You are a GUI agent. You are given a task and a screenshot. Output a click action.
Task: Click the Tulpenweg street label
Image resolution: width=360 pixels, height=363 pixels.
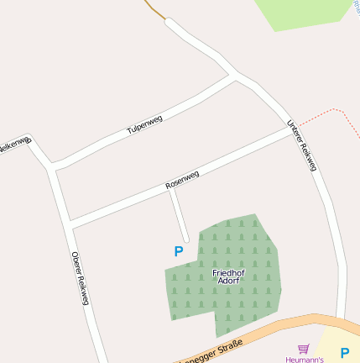pos(143,124)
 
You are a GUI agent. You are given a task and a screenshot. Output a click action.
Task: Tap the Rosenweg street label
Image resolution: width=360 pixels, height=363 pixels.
pos(182,179)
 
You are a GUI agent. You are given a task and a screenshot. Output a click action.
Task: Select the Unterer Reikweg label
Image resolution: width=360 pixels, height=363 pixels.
pos(302,145)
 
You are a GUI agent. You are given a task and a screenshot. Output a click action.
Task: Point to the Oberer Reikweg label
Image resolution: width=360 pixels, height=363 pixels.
pos(80,278)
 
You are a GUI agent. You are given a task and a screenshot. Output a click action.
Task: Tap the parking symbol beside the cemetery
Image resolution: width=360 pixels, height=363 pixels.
pos(178,251)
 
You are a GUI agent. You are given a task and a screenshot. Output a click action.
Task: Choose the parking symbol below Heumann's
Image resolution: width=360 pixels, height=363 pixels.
pos(344,352)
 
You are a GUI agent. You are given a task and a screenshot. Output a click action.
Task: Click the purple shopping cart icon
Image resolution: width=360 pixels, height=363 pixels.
pos(303,348)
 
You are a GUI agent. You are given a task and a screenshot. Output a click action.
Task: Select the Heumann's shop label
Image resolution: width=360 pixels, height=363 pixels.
pos(305,359)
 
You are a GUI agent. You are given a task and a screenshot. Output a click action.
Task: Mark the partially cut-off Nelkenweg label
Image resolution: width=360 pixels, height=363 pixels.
pos(13,145)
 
